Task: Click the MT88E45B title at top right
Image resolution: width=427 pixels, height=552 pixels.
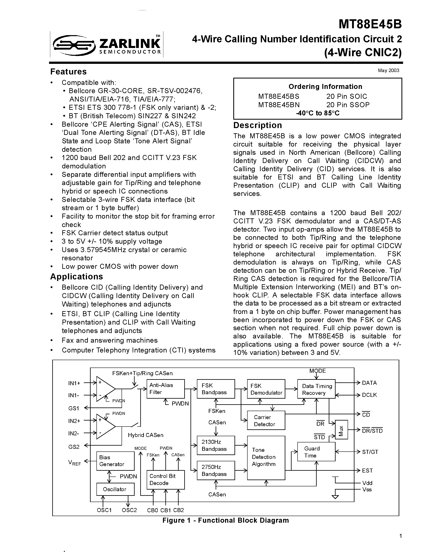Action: (x=370, y=24)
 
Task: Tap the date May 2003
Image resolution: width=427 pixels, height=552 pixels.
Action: (x=388, y=70)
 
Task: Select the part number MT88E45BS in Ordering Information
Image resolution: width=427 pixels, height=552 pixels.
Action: (x=279, y=96)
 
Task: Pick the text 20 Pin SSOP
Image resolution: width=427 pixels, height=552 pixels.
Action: (x=348, y=105)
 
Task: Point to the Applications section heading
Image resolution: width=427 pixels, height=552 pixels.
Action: (x=77, y=277)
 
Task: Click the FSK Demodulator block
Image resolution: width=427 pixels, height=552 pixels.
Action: (x=266, y=389)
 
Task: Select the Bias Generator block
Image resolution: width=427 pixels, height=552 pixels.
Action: (x=115, y=461)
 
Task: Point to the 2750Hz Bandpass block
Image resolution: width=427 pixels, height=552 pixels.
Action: (x=216, y=470)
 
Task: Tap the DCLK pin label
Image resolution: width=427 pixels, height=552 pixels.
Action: (x=369, y=395)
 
